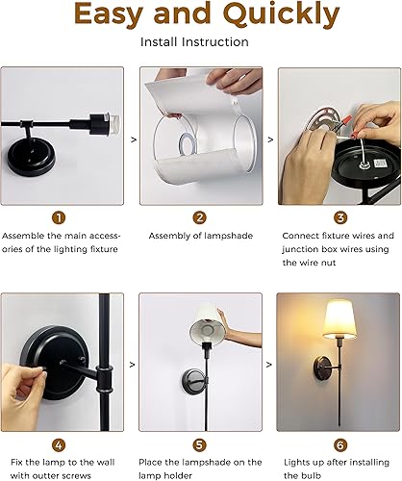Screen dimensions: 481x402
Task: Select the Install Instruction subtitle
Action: pos(200,42)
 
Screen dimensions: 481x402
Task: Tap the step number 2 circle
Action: pos(200,217)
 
